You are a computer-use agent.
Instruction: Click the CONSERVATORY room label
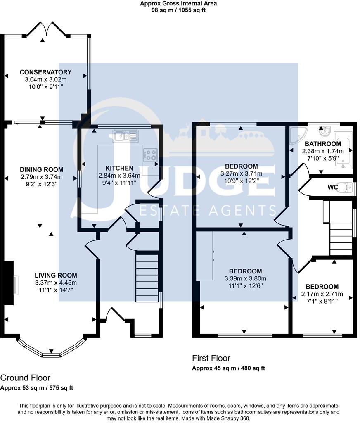(45, 72)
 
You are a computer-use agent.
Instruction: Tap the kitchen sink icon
(126, 135)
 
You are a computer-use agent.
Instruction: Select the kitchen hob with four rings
(150, 155)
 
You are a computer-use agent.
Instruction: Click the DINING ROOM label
(42, 169)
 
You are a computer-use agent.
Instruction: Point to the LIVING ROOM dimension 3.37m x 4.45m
(56, 283)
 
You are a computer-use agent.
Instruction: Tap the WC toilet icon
(345, 187)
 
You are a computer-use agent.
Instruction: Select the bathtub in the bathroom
(343, 150)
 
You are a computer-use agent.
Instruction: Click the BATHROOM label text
(323, 144)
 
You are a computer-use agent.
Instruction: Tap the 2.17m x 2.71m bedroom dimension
(322, 294)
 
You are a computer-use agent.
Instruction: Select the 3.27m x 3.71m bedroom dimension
(242, 173)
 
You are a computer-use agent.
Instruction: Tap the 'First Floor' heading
(211, 358)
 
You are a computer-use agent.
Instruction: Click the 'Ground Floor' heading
(25, 378)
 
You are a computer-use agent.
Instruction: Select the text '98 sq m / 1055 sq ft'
(178, 10)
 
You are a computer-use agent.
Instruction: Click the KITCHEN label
(119, 168)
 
